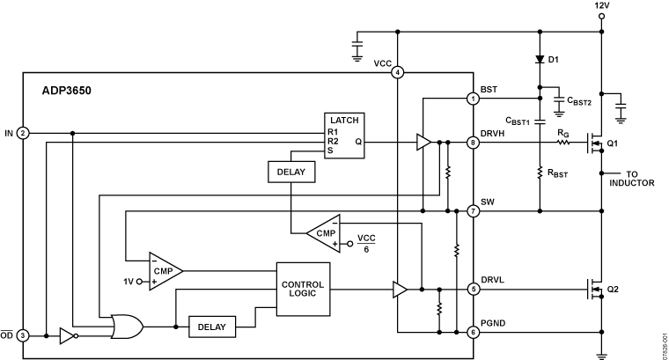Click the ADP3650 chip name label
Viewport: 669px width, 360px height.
[66, 90]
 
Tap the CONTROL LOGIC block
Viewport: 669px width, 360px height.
[302, 290]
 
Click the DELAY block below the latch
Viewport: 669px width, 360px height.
[289, 172]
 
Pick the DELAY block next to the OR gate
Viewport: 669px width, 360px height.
[211, 327]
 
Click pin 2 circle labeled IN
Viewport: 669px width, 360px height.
[24, 133]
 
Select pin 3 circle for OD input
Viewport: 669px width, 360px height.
[24, 335]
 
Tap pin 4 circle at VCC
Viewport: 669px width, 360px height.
[398, 72]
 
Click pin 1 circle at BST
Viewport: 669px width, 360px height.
[474, 99]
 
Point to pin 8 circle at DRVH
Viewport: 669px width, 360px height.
[474, 142]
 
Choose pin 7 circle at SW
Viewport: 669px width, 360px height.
[474, 211]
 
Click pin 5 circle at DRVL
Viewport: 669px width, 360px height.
[474, 288]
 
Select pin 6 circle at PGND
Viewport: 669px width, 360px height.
[474, 332]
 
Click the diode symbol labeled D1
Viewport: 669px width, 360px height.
[539, 60]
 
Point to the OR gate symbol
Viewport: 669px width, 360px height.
[127, 327]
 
